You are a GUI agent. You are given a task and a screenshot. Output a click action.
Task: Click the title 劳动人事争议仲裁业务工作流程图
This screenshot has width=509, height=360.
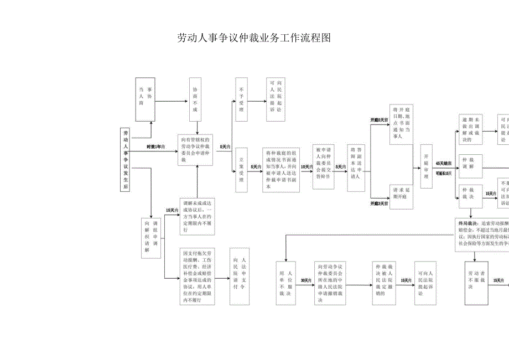pyautogui.click(x=253, y=38)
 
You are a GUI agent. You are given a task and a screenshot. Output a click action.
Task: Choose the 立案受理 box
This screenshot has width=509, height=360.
pyautogui.click(x=241, y=169)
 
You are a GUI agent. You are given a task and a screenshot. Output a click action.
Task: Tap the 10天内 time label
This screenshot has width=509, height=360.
pyautogui.click(x=307, y=166)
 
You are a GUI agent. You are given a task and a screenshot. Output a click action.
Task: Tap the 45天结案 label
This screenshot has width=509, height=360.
pyautogui.click(x=444, y=164)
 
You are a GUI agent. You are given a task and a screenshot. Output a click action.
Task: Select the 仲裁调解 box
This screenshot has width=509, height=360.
pyautogui.click(x=470, y=166)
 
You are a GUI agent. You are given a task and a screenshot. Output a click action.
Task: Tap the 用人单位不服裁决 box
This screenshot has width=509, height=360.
pyautogui.click(x=286, y=283)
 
